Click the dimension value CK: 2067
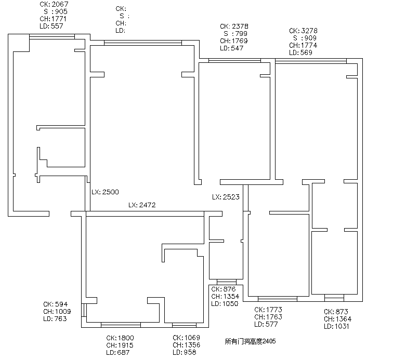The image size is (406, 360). [x=54, y=4]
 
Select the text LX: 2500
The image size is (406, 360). [x=105, y=192]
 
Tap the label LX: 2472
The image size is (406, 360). [x=142, y=205]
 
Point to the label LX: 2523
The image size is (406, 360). [x=226, y=197]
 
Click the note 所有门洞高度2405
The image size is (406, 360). [x=250, y=341]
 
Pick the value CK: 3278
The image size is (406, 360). [x=303, y=31]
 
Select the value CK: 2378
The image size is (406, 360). [x=234, y=26]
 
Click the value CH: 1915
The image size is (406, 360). [x=120, y=345]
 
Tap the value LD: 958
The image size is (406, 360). [x=185, y=352]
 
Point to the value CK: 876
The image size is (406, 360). [x=224, y=289]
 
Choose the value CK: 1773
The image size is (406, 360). [x=268, y=310]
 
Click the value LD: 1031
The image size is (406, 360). [x=336, y=326]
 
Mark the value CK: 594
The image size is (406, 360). [x=56, y=304]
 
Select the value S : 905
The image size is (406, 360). [x=56, y=11]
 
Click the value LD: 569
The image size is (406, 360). [x=300, y=52]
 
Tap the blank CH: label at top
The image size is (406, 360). [x=121, y=23]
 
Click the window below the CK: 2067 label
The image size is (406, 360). [x=52, y=37]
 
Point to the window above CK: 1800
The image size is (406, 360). [x=121, y=325]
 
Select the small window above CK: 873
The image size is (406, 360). [x=334, y=298]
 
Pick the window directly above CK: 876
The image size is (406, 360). [x=227, y=282]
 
